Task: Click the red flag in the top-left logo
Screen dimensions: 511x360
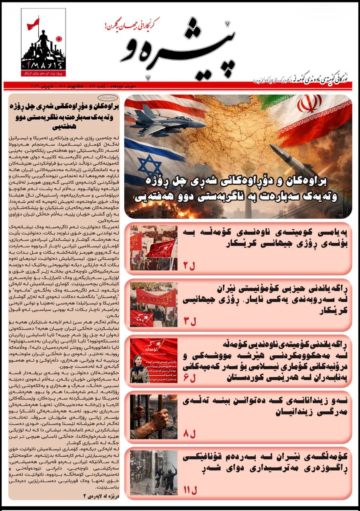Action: pos(33,24)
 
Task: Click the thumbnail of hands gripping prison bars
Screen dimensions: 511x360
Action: pos(153,417)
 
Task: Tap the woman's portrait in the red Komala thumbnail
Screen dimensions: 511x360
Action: pos(139,368)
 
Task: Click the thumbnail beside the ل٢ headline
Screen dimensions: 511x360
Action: pos(153,248)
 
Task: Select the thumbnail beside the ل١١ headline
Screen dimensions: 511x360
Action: pos(153,473)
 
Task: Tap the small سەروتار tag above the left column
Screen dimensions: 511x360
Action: pos(109,97)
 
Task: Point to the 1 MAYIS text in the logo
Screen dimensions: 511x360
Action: pos(43,65)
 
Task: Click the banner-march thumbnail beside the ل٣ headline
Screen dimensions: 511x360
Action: pos(153,305)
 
